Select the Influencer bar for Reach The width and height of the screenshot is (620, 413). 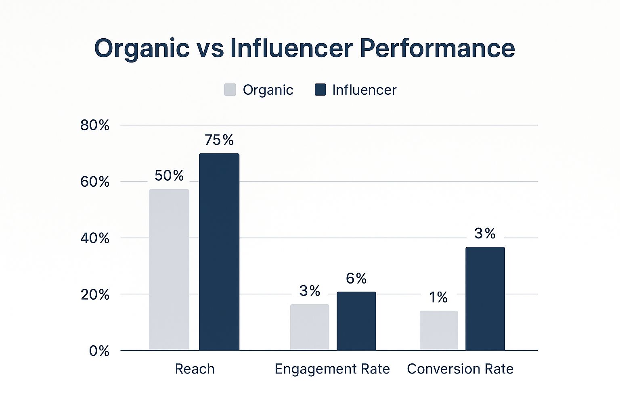(x=219, y=252)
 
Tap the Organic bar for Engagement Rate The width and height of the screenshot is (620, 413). (x=310, y=327)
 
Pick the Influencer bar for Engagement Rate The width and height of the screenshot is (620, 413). (x=356, y=321)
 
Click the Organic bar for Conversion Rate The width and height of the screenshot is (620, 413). (x=439, y=330)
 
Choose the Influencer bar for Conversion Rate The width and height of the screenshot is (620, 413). (x=485, y=298)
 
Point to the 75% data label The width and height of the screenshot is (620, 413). (x=219, y=140)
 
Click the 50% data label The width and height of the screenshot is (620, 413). (x=169, y=175)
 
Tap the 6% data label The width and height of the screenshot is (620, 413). (x=356, y=278)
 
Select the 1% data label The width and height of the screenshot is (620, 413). (x=438, y=298)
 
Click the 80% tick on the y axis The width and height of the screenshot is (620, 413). (x=95, y=125)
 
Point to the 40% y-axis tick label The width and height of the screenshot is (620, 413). (x=95, y=238)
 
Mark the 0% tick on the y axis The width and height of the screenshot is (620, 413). (x=99, y=351)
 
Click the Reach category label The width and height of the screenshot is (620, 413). (x=195, y=369)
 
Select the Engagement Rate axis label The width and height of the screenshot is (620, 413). (x=332, y=369)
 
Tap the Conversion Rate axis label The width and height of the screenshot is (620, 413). (x=460, y=369)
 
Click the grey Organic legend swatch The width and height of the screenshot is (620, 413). (x=230, y=90)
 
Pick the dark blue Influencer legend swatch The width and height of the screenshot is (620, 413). (x=320, y=90)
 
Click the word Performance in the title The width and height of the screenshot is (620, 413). (x=437, y=48)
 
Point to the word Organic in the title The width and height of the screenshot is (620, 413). (x=142, y=48)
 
